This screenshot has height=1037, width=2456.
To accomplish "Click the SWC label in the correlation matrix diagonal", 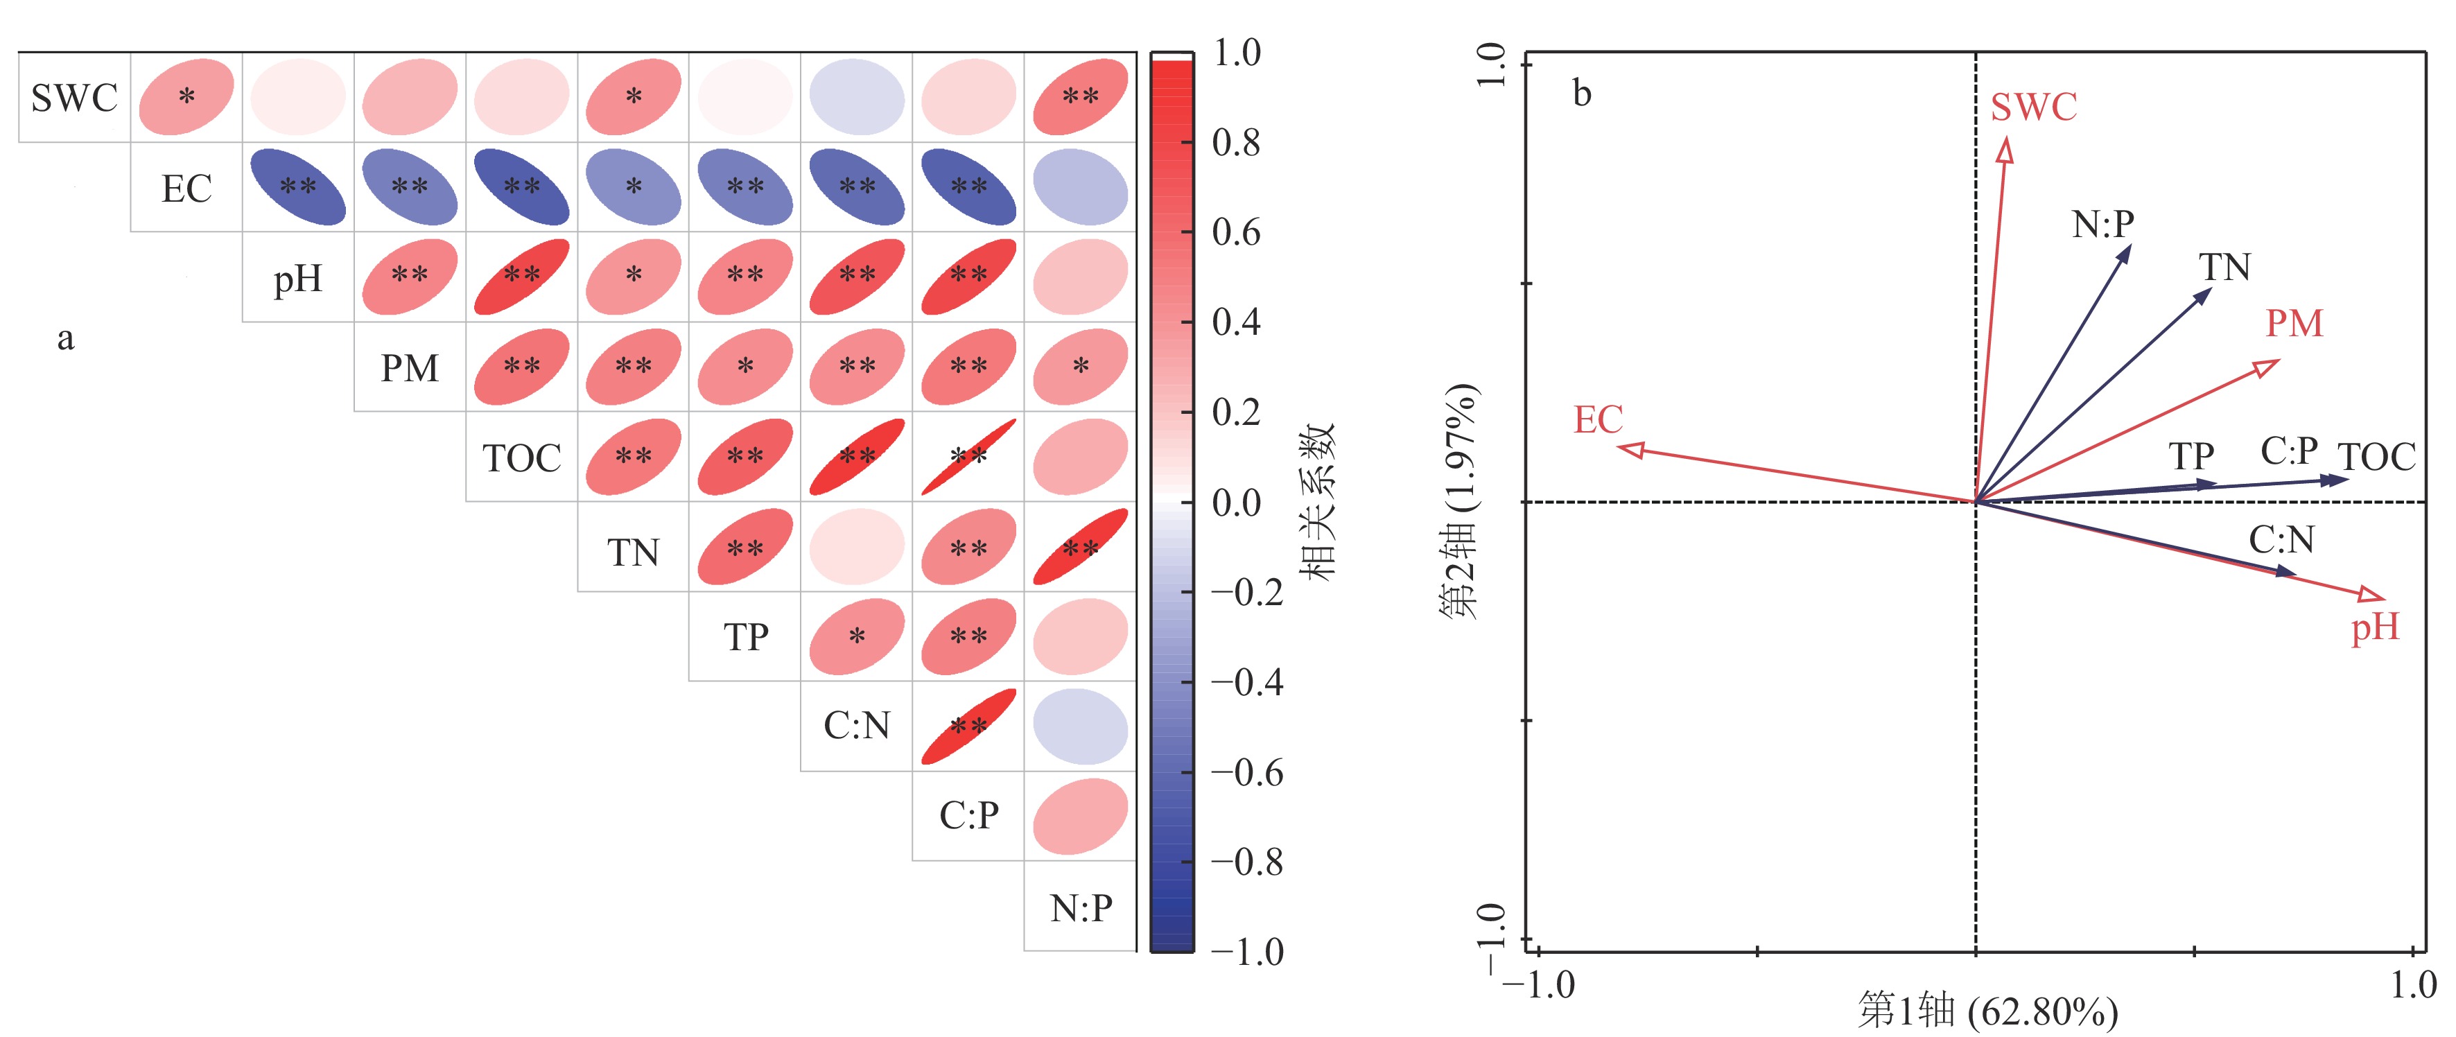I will (x=73, y=97).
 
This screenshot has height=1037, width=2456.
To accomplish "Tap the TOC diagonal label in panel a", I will (x=521, y=458).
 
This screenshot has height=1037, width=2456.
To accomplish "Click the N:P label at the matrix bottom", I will (x=1080, y=908).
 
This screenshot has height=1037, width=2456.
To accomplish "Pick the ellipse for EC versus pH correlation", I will (x=297, y=187).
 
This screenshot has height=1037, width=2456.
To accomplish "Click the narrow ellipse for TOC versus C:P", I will (x=968, y=457).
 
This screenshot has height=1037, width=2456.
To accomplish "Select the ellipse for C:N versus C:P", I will (x=968, y=726).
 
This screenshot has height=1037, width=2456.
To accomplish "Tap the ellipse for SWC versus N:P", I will (x=1080, y=96).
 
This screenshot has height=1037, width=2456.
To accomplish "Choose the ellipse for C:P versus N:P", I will (x=1080, y=817).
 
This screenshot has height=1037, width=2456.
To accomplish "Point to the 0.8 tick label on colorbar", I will (x=1236, y=143).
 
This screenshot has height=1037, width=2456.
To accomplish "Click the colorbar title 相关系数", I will (x=1318, y=503).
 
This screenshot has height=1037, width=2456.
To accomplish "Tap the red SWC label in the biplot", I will (x=2034, y=107).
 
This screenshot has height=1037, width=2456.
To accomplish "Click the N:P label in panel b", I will (x=2102, y=224).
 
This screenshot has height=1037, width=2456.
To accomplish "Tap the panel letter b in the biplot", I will (x=1582, y=94).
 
